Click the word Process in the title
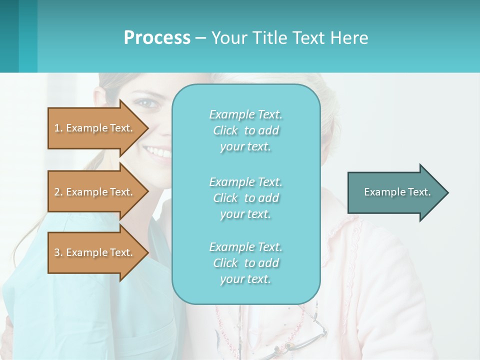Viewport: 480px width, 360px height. coord(157,38)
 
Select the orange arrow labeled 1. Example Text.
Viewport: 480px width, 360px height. coord(95,128)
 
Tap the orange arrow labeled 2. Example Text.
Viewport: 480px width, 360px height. coord(95,192)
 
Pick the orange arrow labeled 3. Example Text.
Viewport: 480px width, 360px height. coord(95,252)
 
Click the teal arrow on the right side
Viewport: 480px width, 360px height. coord(395,192)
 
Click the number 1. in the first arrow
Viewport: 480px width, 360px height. coord(58,128)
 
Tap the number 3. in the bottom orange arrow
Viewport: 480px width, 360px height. coord(58,252)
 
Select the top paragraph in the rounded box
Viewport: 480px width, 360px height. coord(245,130)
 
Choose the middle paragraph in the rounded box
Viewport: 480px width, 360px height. coord(245,198)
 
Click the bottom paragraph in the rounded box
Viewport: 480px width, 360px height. coord(245,263)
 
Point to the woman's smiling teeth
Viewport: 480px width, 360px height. coord(158,151)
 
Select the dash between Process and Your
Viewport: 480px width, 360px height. coord(200,38)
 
